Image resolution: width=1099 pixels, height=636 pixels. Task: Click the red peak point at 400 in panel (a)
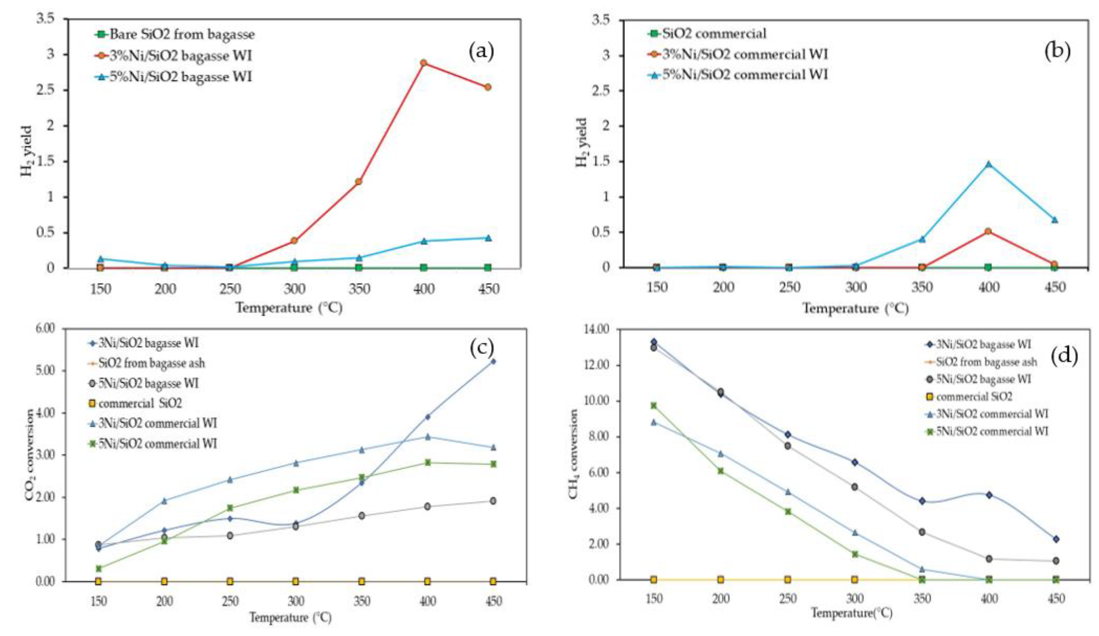tap(423, 63)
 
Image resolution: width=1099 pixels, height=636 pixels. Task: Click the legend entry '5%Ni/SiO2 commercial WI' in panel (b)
tap(745, 75)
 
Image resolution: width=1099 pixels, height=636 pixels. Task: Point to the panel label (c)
tap(482, 348)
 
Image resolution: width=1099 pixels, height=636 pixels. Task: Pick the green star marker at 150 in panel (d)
tap(654, 405)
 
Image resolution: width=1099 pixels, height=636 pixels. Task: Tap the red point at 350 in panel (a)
tap(358, 181)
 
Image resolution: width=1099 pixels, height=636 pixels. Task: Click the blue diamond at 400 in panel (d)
tap(989, 495)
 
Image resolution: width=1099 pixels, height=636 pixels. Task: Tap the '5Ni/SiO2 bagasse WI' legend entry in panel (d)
tap(983, 379)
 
